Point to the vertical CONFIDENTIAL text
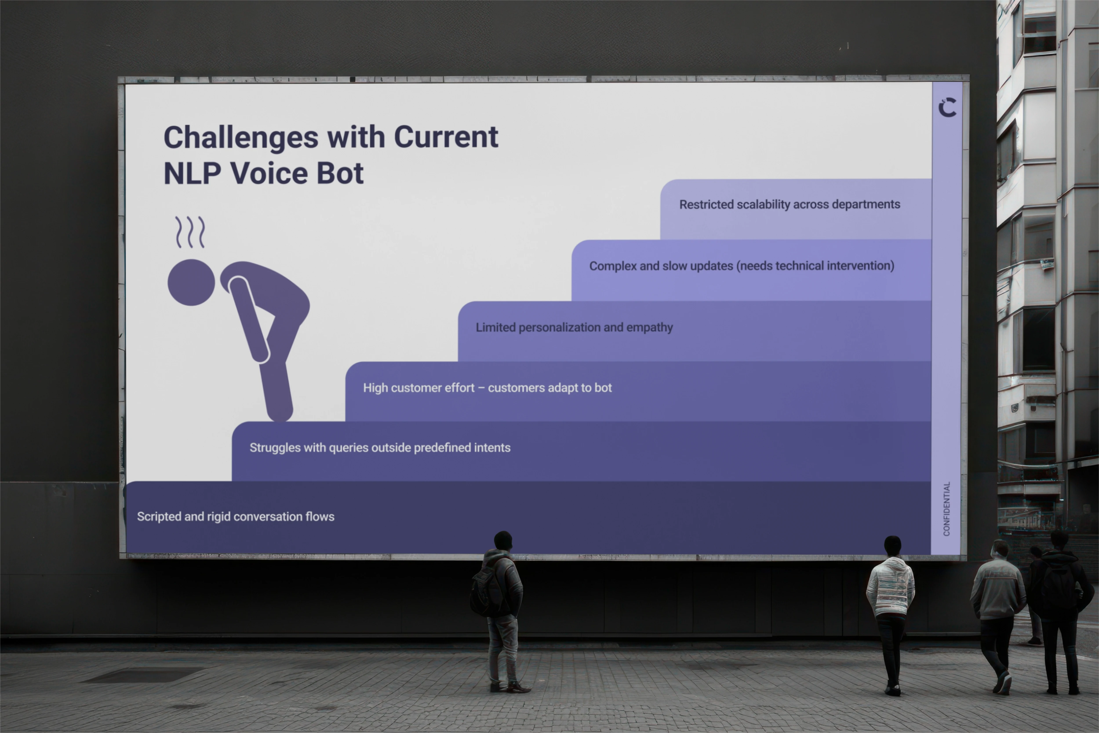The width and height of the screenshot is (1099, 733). (x=946, y=509)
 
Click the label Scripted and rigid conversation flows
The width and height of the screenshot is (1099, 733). (x=235, y=517)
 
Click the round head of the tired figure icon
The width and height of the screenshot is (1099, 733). (x=191, y=282)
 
